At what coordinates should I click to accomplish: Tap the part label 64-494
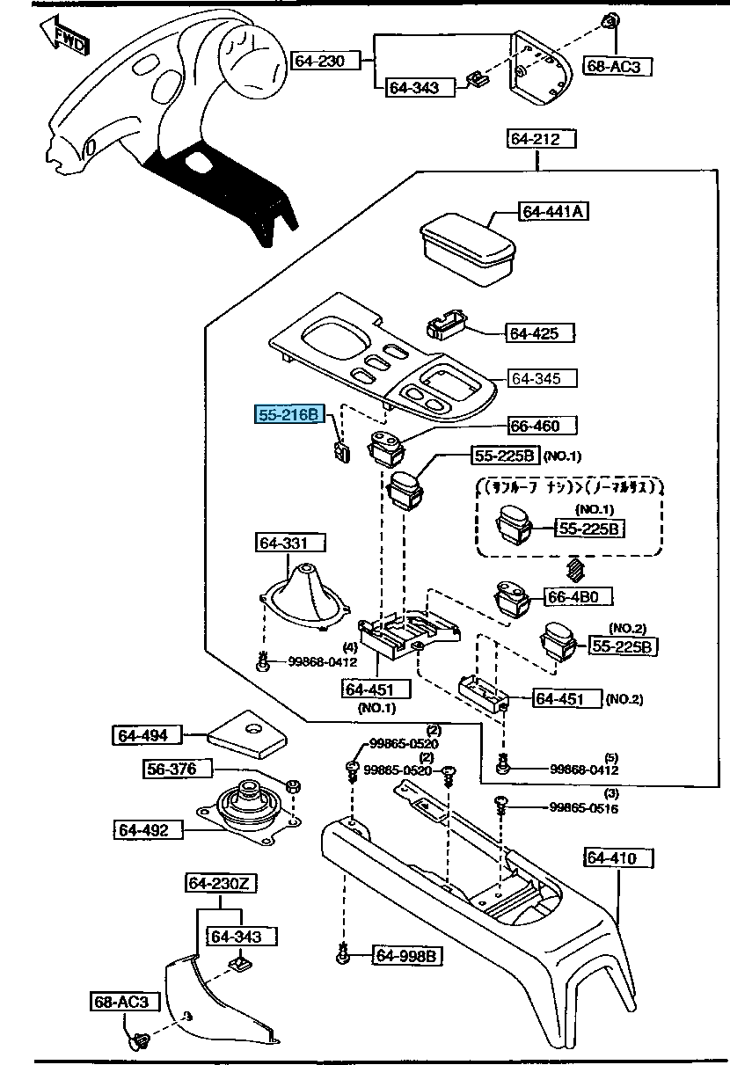pyautogui.click(x=146, y=734)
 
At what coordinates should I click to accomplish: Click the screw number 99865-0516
pyautogui.click(x=584, y=807)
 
